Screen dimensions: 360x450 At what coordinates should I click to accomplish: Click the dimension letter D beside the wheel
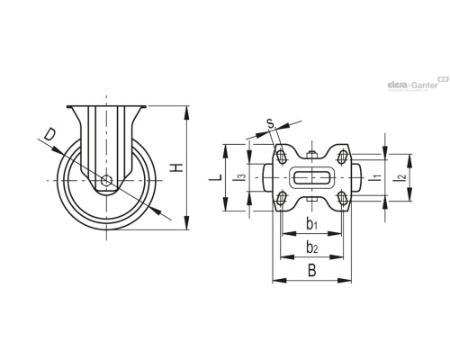(x=50, y=136)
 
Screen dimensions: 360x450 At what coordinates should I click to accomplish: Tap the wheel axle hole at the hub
(x=107, y=181)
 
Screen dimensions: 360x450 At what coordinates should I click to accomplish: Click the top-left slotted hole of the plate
(x=282, y=155)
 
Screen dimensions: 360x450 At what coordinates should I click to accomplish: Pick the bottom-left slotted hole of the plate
(x=282, y=198)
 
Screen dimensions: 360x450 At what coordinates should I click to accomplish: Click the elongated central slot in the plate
(x=310, y=176)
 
